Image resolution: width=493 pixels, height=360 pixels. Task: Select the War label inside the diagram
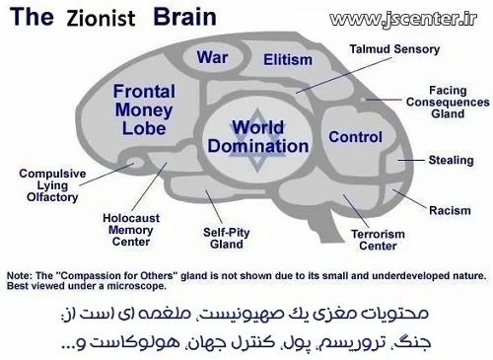tap(212, 56)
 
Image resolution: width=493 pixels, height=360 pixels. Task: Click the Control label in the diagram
tap(353, 136)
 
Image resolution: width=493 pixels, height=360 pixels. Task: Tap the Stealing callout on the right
tap(452, 158)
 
